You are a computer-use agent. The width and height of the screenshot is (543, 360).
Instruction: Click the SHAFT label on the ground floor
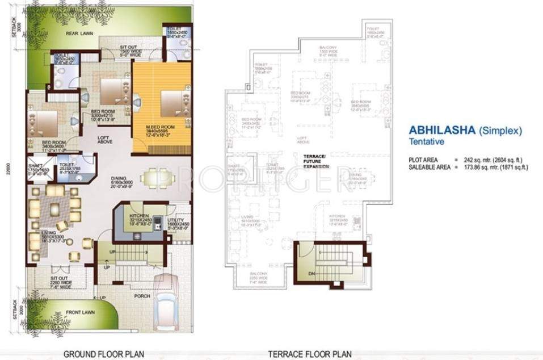tap(35, 166)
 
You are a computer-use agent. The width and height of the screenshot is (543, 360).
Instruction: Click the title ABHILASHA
tap(443, 130)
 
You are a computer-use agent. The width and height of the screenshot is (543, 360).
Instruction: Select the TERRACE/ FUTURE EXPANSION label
tap(313, 161)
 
